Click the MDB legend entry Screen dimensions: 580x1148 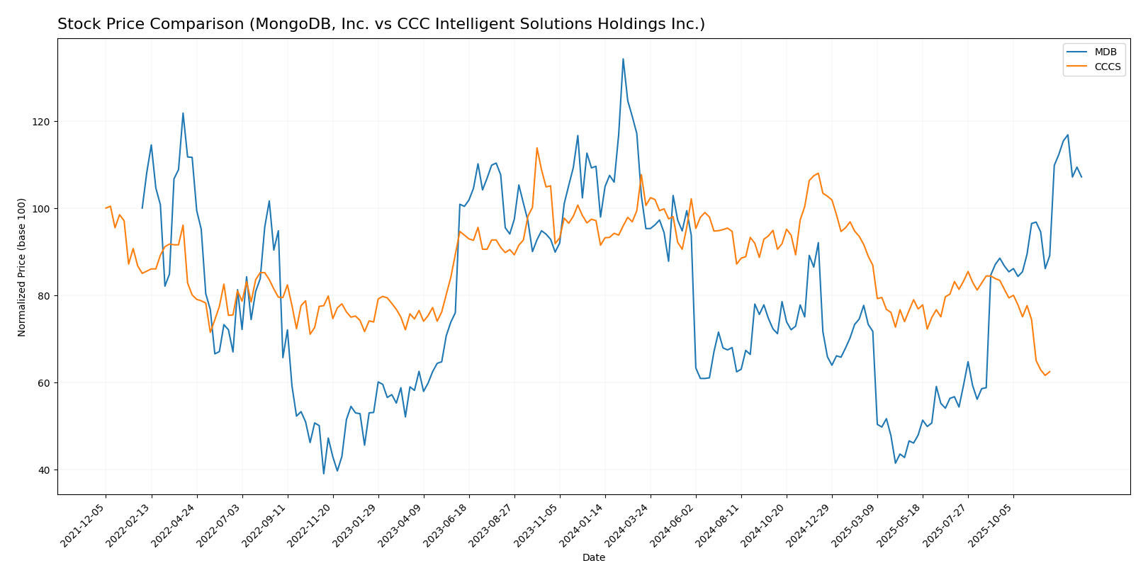[x=1105, y=52]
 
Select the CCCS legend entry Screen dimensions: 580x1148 [x=1108, y=67]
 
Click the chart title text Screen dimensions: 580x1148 [x=381, y=25]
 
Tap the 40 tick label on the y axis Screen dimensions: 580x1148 [x=44, y=470]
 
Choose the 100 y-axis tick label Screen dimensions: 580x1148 [x=42, y=209]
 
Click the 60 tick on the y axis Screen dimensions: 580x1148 [x=44, y=383]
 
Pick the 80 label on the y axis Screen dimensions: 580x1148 [x=44, y=296]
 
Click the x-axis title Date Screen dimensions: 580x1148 [x=594, y=558]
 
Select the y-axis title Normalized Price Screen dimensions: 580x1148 [x=22, y=268]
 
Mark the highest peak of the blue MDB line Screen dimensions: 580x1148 [x=623, y=59]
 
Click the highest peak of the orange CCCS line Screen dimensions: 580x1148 [x=537, y=148]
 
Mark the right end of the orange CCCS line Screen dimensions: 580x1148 [x=1049, y=371]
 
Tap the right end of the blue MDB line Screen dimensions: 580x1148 [x=1081, y=177]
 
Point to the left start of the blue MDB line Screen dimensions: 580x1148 [x=142, y=208]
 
